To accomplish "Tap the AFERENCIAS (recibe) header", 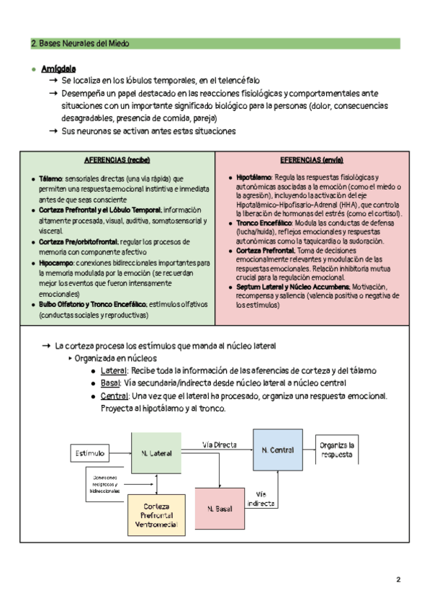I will pyautogui.click(x=117, y=159).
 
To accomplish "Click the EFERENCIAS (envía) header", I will pyautogui.click(x=311, y=159).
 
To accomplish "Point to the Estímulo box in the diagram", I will pyautogui.click(x=90, y=453).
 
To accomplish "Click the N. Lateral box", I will pyautogui.click(x=156, y=452).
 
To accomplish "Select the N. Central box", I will pyautogui.click(x=277, y=450).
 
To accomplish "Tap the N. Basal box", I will pyautogui.click(x=219, y=509).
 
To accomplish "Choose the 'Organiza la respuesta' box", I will pyautogui.click(x=337, y=450).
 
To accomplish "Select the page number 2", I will pyautogui.click(x=398, y=579).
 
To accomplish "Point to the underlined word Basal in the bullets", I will pyautogui.click(x=111, y=383).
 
